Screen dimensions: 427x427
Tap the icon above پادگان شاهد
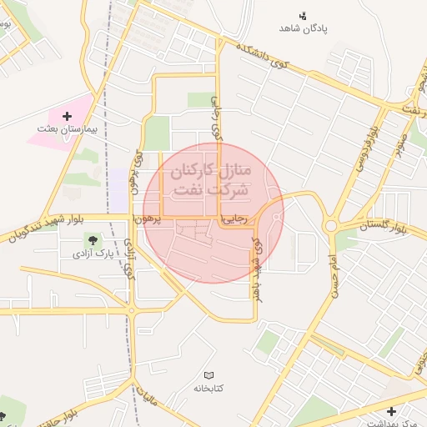[303, 14]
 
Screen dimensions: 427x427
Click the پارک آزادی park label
[93, 252]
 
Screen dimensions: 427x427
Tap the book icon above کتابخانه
[208, 375]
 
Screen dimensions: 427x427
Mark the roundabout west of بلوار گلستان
[331, 225]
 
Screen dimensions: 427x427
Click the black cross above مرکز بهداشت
[392, 411]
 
